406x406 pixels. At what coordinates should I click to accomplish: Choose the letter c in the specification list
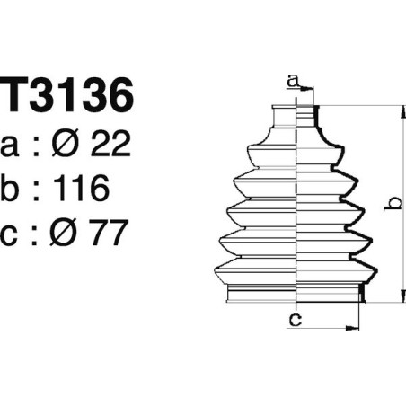click(14, 234)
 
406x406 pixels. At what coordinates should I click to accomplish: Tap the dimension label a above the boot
click(292, 82)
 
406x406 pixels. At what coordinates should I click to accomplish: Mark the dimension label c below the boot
click(294, 318)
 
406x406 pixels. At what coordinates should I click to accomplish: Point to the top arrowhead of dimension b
click(401, 110)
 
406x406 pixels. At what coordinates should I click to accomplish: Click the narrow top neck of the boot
click(295, 114)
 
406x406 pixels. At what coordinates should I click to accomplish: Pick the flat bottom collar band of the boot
click(295, 294)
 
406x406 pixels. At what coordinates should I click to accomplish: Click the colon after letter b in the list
click(36, 190)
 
